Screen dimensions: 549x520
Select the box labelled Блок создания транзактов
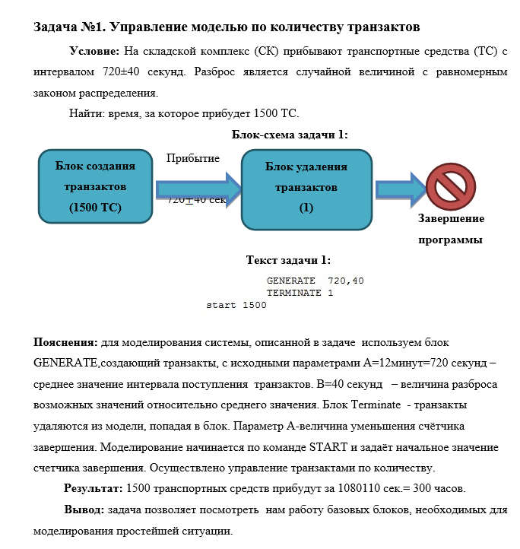(94, 186)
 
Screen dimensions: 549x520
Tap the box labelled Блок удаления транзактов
(306, 187)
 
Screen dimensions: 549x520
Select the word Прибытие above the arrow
(193, 158)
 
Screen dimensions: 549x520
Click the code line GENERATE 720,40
(315, 281)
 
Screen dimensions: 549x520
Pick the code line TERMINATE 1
(300, 293)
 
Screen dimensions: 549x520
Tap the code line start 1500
(236, 306)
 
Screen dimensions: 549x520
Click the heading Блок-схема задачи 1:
(290, 135)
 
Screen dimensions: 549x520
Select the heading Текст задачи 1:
(288, 260)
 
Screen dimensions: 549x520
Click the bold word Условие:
(94, 52)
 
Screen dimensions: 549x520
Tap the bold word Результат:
(94, 487)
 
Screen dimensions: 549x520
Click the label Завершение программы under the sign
(451, 229)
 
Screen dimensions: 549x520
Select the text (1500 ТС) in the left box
(95, 207)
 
